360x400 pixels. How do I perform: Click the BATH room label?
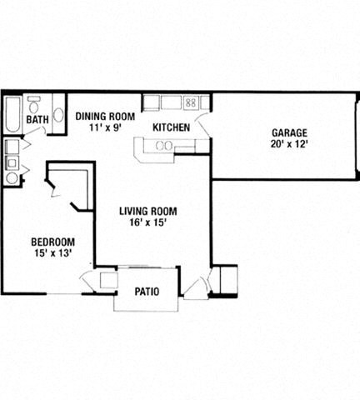click(37, 120)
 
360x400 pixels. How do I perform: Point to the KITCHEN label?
click(172, 127)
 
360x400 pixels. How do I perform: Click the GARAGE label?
click(289, 132)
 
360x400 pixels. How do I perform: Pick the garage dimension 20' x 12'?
click(289, 144)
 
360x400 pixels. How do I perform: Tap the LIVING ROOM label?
click(144, 211)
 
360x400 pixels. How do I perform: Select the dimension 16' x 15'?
click(144, 223)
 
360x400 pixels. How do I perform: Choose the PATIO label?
click(147, 292)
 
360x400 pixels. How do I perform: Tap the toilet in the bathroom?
click(33, 106)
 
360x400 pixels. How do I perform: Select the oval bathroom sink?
click(59, 116)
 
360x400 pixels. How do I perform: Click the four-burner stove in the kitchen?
click(190, 102)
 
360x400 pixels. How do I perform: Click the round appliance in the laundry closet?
click(12, 177)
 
